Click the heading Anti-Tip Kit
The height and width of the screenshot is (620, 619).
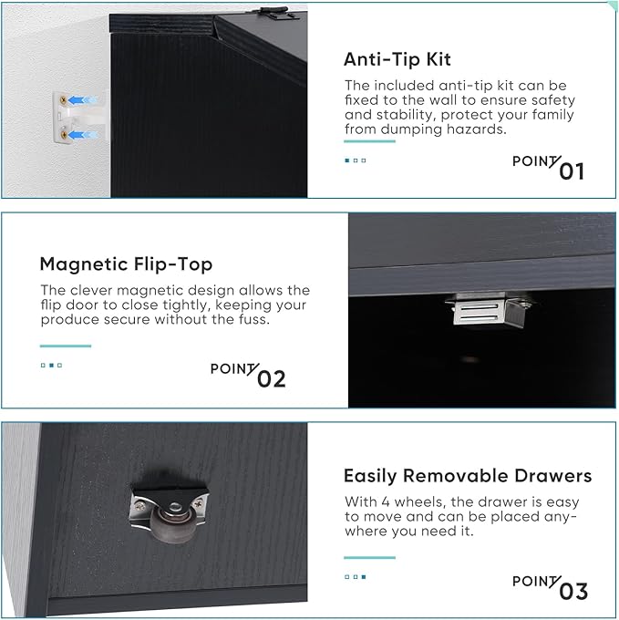[397, 60]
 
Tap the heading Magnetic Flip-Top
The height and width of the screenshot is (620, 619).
[126, 264]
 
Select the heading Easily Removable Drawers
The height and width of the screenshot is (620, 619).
[468, 476]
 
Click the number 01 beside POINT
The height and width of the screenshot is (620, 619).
[572, 171]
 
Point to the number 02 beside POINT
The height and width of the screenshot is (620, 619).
[271, 379]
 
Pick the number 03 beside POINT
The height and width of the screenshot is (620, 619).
[573, 592]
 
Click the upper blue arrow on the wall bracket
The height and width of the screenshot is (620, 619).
[82, 100]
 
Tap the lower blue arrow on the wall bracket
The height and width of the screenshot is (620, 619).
[82, 135]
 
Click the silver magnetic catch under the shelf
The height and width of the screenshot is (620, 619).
[488, 310]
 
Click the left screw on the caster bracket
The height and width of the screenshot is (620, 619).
[139, 506]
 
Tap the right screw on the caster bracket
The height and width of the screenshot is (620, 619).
[198, 503]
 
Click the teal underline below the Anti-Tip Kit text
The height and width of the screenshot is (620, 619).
[369, 141]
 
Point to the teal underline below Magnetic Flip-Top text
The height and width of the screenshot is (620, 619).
[66, 346]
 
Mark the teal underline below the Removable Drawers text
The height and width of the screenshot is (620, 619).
[369, 557]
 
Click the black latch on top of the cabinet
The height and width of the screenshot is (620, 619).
[273, 13]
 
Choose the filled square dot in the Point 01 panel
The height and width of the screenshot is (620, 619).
[347, 160]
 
